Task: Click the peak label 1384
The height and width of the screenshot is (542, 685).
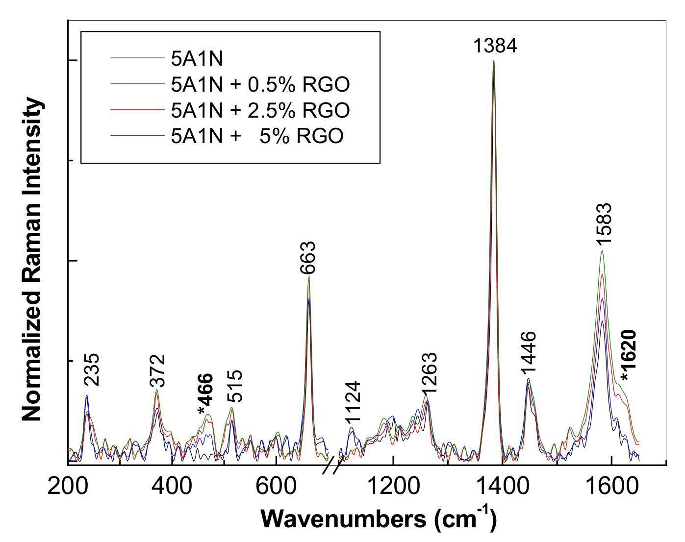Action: click(495, 46)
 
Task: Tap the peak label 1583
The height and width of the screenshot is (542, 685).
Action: click(604, 224)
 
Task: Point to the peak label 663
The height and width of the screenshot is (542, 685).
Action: click(308, 258)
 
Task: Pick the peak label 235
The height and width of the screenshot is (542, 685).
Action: click(91, 370)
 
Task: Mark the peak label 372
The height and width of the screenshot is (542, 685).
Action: click(158, 371)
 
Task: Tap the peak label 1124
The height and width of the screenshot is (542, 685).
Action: click(353, 402)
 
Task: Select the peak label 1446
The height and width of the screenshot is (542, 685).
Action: click(529, 352)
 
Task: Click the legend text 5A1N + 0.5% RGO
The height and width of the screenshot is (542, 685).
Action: click(260, 84)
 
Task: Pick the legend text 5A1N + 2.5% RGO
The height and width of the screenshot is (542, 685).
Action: click(260, 110)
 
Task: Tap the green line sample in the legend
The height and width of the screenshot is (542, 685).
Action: click(137, 135)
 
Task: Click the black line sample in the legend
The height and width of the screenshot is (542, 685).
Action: click(137, 58)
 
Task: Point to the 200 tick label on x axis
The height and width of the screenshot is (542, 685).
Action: click(68, 487)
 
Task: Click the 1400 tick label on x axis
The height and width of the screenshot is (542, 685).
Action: click(501, 487)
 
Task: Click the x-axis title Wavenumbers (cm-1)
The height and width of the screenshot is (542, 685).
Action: click(379, 519)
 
